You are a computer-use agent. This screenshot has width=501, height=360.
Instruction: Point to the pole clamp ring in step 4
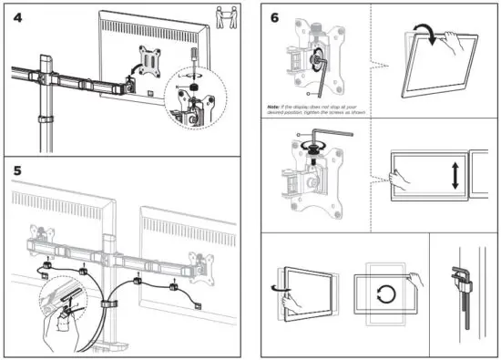tap(40, 120)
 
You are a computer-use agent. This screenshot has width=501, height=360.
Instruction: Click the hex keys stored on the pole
tap(465, 292)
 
